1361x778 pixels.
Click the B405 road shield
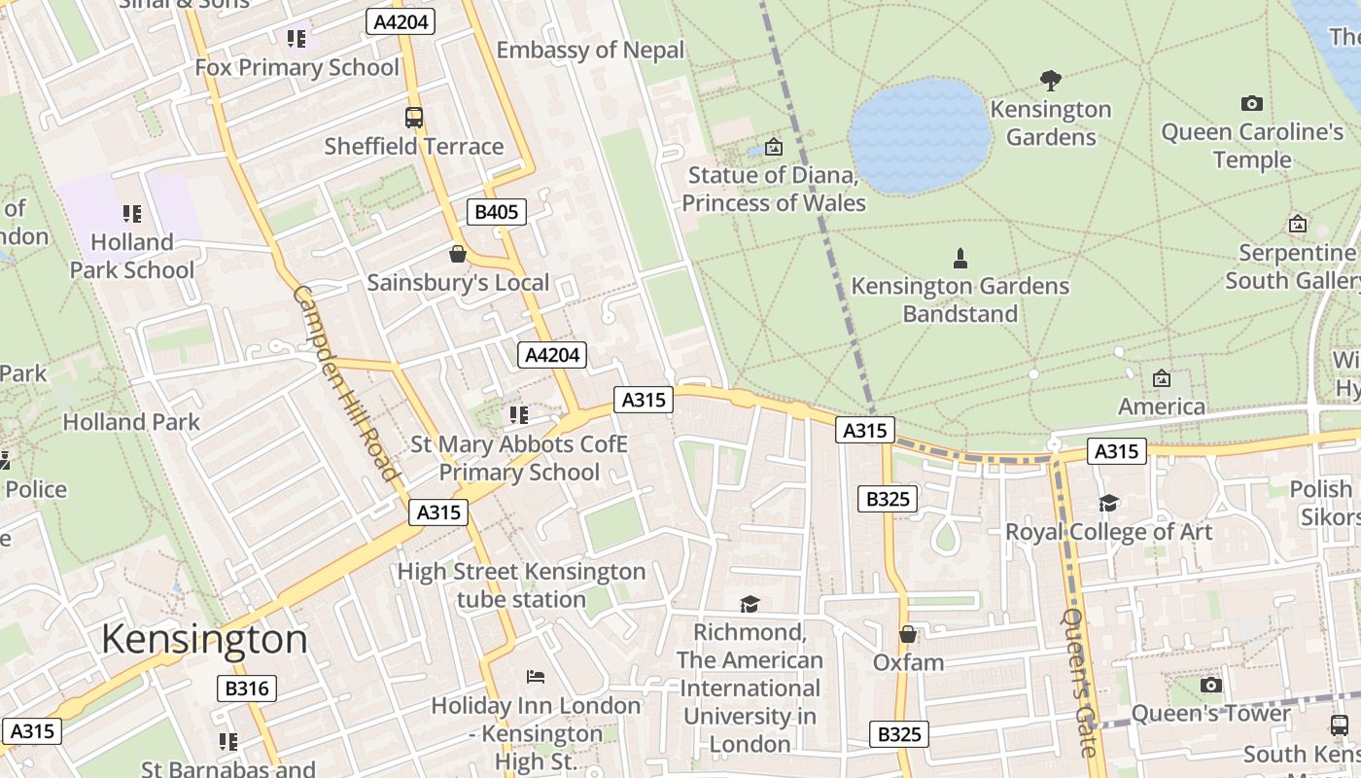(x=497, y=212)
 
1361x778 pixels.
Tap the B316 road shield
(x=247, y=689)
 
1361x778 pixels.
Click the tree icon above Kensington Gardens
(x=1050, y=80)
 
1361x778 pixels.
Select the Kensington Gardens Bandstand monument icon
(x=960, y=258)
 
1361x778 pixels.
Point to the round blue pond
(x=920, y=136)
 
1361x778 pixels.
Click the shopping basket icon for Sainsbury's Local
(x=458, y=255)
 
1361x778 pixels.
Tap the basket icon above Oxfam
(x=908, y=634)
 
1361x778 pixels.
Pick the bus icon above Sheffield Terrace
(x=414, y=118)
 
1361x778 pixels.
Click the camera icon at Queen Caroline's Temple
(x=1252, y=103)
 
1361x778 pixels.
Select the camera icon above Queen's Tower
(x=1210, y=685)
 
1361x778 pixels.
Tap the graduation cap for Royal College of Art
(x=1108, y=503)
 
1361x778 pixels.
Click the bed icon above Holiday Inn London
(x=536, y=676)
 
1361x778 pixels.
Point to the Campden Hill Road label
(x=346, y=382)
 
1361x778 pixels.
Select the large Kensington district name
(x=204, y=639)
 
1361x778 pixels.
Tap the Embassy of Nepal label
(x=590, y=50)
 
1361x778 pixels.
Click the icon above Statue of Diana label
(x=774, y=147)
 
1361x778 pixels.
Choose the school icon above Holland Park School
(x=132, y=213)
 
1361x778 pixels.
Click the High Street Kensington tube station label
(x=521, y=584)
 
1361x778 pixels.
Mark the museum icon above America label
(x=1162, y=378)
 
